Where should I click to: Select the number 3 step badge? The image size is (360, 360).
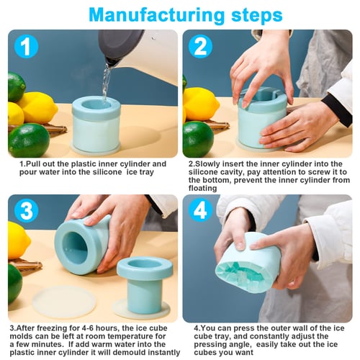27,211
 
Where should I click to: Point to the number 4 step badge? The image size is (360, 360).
201,211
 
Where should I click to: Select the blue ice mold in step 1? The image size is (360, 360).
96,124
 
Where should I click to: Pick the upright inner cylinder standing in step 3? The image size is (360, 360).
144,284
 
